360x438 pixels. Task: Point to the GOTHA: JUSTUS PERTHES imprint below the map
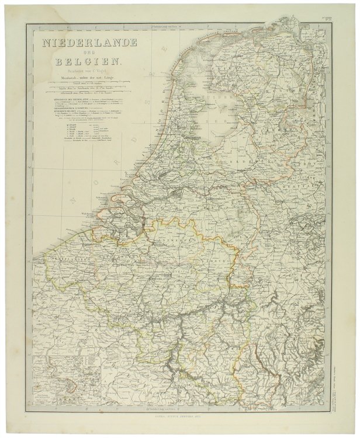(181, 416)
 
